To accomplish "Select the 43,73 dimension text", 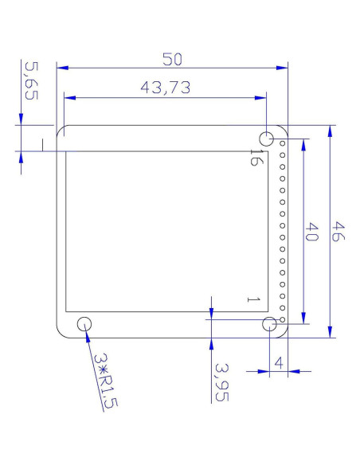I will (x=165, y=88).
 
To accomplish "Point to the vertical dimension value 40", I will (x=311, y=233).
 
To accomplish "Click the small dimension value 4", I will (x=278, y=362).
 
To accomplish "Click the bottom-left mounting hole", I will (x=84, y=324).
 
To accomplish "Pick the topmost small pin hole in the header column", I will (x=281, y=145).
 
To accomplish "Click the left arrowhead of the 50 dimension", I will (x=61, y=68).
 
